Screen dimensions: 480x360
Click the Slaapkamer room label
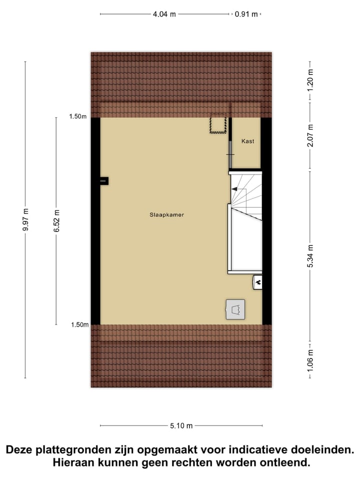click(x=166, y=215)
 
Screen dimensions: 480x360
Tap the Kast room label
click(x=247, y=141)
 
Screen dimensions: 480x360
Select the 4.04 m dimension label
click(x=164, y=14)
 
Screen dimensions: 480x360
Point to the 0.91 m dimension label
click(x=246, y=14)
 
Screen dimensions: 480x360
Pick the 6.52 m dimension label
click(x=56, y=220)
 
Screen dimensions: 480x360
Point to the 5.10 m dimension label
click(x=181, y=426)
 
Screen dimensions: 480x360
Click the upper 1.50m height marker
click(x=78, y=117)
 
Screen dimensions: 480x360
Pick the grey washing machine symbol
click(x=235, y=309)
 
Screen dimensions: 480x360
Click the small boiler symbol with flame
click(x=258, y=282)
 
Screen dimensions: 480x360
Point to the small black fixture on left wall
click(x=103, y=180)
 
